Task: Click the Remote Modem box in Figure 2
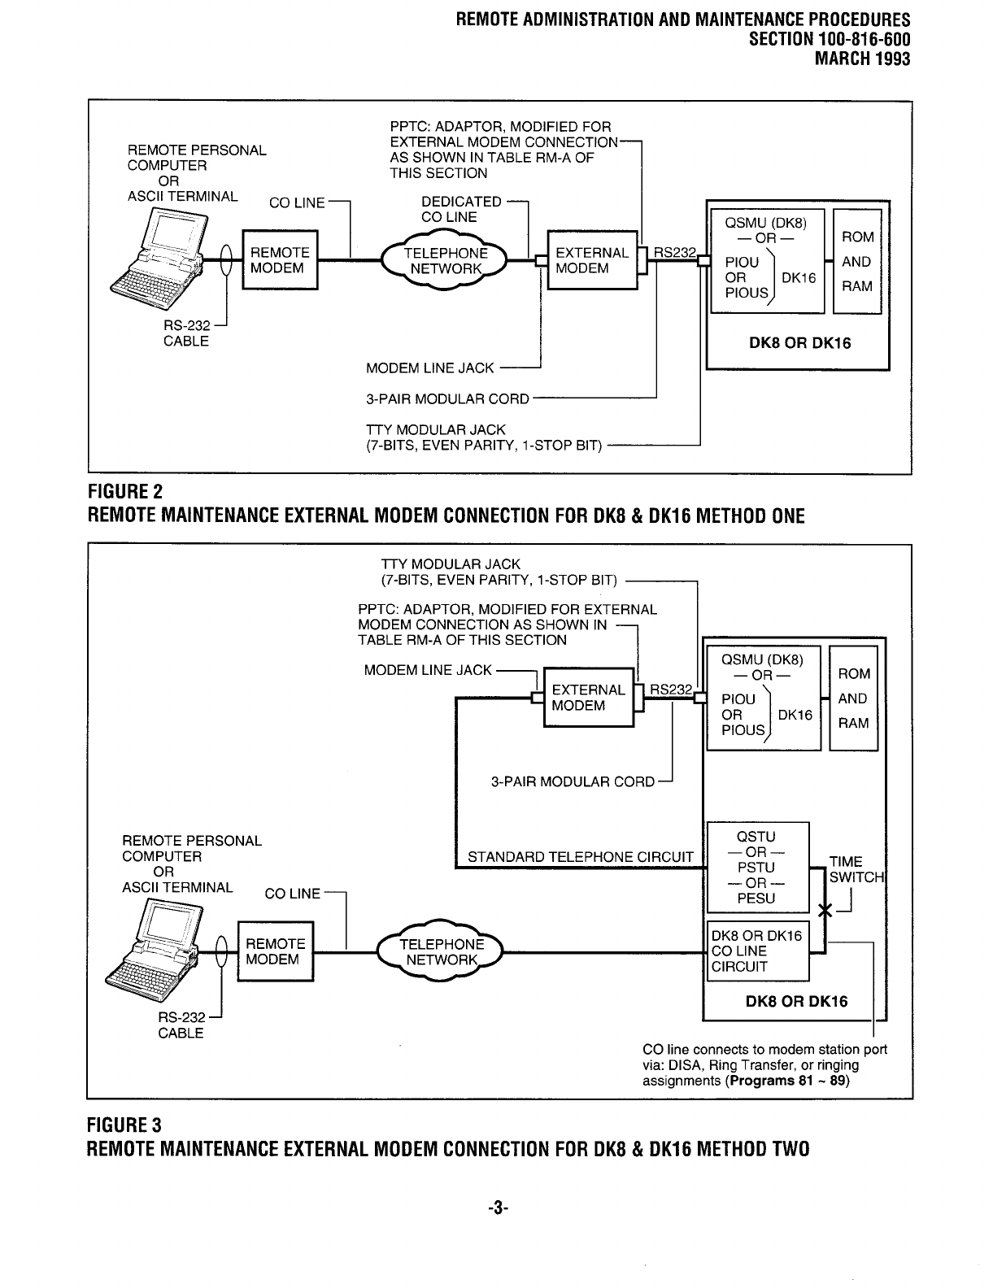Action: click(x=279, y=260)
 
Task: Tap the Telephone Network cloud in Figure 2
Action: click(x=445, y=260)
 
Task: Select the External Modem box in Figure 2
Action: click(x=591, y=260)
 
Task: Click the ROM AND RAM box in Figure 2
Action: click(x=856, y=261)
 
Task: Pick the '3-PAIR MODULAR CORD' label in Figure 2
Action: click(x=447, y=399)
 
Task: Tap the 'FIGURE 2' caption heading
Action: click(x=124, y=493)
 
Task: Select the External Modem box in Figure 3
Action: click(x=588, y=698)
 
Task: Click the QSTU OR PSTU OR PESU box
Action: click(x=756, y=867)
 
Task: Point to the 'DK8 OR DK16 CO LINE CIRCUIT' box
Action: click(x=757, y=951)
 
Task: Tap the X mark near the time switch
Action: click(x=825, y=912)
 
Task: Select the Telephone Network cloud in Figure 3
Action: click(x=442, y=951)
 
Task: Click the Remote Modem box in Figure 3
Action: click(x=275, y=951)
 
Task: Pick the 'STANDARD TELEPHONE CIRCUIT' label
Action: click(x=580, y=856)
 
